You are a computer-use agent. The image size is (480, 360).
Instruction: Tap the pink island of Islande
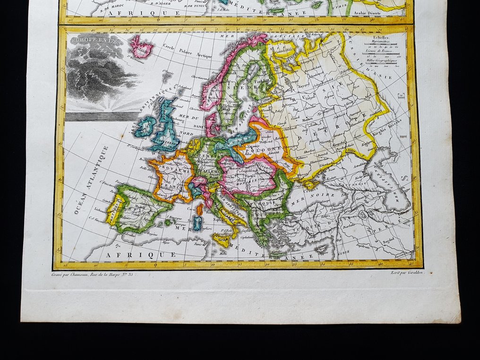[141, 47]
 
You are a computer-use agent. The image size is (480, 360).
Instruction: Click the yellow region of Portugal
[114, 211]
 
